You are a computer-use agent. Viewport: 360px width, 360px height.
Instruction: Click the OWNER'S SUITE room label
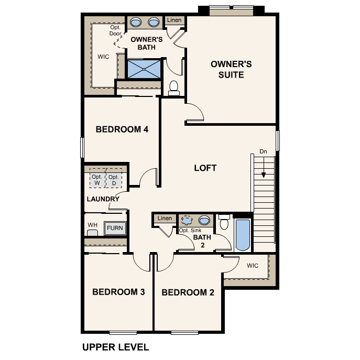(231, 69)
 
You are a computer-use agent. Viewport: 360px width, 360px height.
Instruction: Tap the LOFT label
(205, 168)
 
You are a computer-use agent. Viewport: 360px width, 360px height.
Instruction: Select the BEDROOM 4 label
(122, 129)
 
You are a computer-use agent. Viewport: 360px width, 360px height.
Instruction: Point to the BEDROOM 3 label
(118, 292)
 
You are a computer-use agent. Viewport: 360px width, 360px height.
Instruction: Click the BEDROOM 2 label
(188, 292)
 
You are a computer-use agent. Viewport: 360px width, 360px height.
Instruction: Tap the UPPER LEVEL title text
(116, 347)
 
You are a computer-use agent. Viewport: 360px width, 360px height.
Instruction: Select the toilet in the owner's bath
(174, 87)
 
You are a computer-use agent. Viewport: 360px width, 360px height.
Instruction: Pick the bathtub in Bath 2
(243, 235)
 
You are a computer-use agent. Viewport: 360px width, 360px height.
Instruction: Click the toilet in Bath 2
(224, 223)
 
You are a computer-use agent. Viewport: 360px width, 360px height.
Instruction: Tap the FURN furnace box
(114, 228)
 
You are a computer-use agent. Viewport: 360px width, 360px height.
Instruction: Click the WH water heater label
(92, 225)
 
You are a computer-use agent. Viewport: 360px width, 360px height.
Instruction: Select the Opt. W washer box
(97, 180)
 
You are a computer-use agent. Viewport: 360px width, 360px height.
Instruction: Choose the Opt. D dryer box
(114, 180)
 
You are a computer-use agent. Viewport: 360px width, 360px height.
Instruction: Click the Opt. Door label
(115, 30)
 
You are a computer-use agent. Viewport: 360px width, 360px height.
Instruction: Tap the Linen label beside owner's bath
(174, 20)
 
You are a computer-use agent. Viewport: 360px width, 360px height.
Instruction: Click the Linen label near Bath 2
(165, 218)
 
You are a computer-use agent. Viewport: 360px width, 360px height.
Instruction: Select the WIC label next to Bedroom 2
(253, 265)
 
